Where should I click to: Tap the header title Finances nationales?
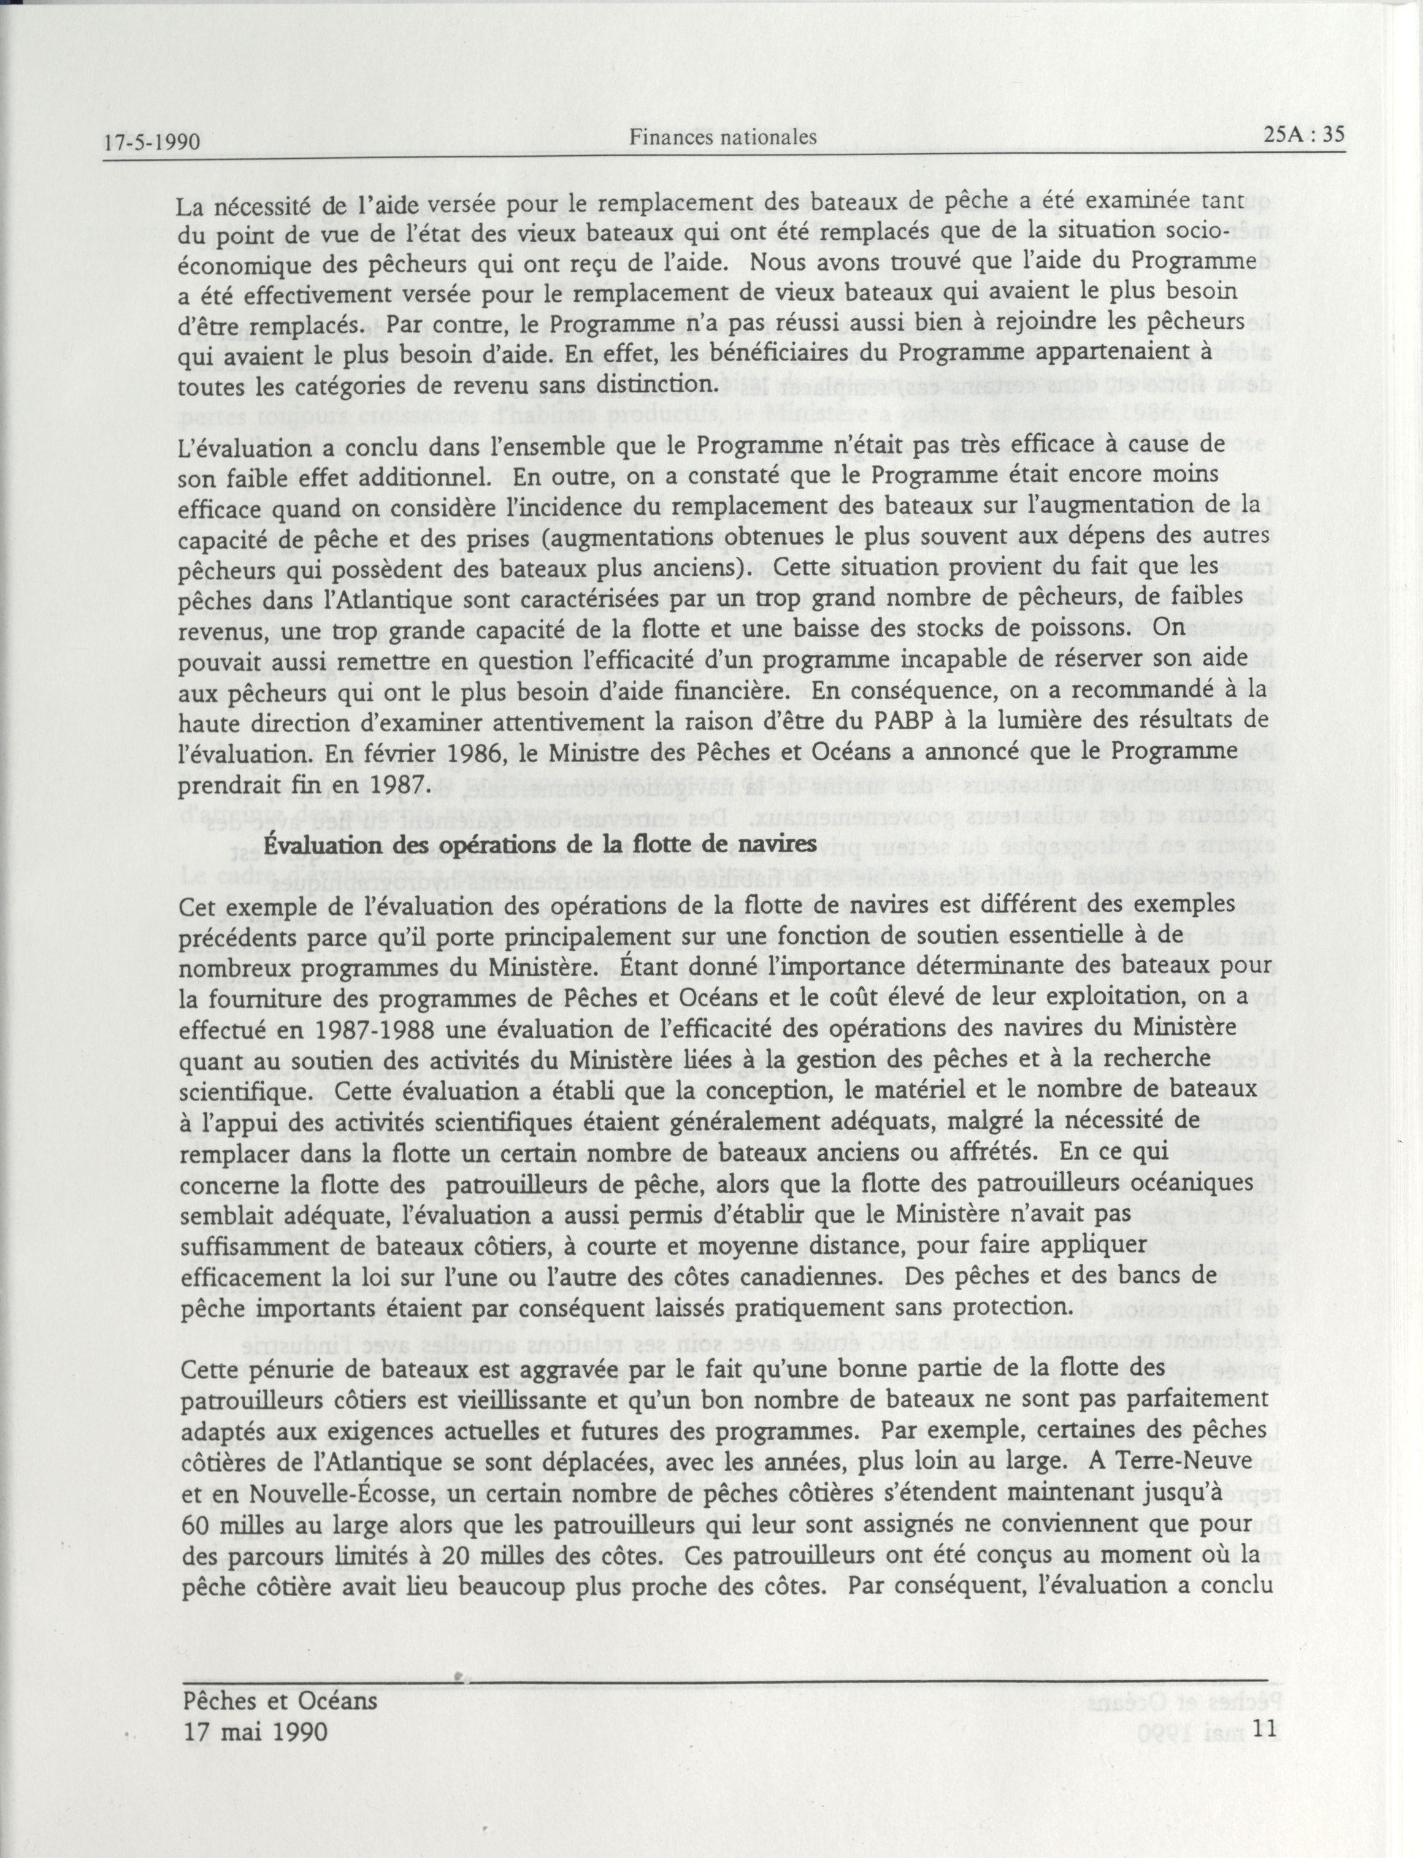coord(723,136)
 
